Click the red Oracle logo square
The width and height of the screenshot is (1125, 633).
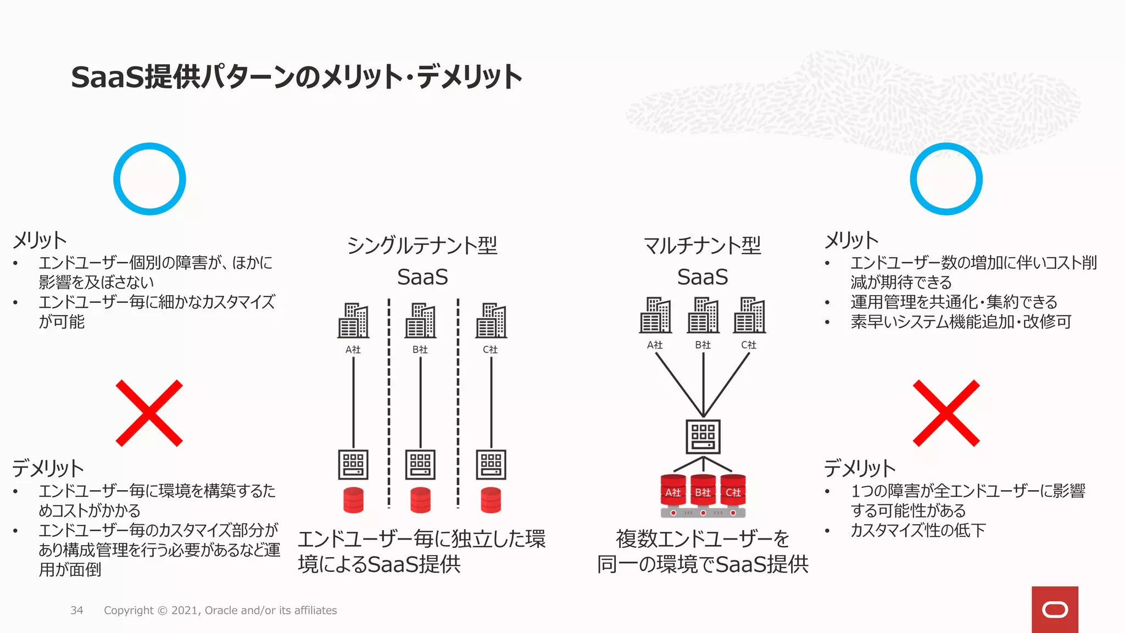[1055, 609]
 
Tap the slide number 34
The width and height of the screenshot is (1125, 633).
[77, 610]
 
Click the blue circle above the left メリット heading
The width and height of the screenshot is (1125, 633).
[149, 179]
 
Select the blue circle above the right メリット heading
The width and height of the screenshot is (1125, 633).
[946, 179]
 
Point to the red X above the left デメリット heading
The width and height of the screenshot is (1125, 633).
[149, 413]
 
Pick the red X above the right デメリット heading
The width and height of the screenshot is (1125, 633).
[946, 413]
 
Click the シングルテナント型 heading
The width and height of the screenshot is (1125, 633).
[422, 245]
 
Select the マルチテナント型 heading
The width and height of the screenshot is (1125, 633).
[702, 245]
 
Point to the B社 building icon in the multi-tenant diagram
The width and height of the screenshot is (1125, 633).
[703, 315]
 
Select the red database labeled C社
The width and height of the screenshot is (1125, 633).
[733, 491]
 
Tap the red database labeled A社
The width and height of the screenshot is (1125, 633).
[673, 491]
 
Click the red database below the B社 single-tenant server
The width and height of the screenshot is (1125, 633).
[420, 500]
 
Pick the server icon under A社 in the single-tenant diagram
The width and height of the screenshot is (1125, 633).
[353, 465]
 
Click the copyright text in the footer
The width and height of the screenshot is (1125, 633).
[220, 610]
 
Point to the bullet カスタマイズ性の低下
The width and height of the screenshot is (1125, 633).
[917, 530]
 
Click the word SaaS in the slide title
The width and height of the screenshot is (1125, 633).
[107, 77]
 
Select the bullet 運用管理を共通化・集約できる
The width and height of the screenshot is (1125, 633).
[954, 302]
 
